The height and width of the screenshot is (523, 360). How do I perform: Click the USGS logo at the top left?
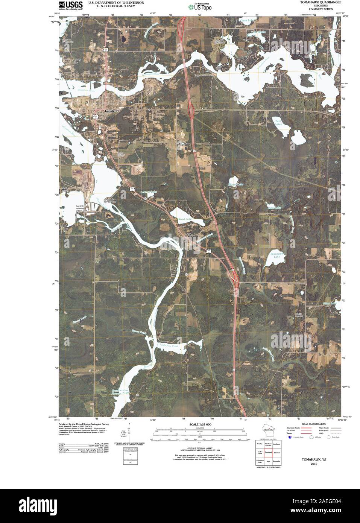click(71, 5)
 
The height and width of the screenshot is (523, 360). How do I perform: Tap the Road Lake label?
click(185, 219)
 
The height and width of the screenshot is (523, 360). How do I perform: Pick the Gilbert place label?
click(191, 235)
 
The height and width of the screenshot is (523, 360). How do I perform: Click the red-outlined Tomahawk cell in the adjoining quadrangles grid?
click(269, 452)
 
